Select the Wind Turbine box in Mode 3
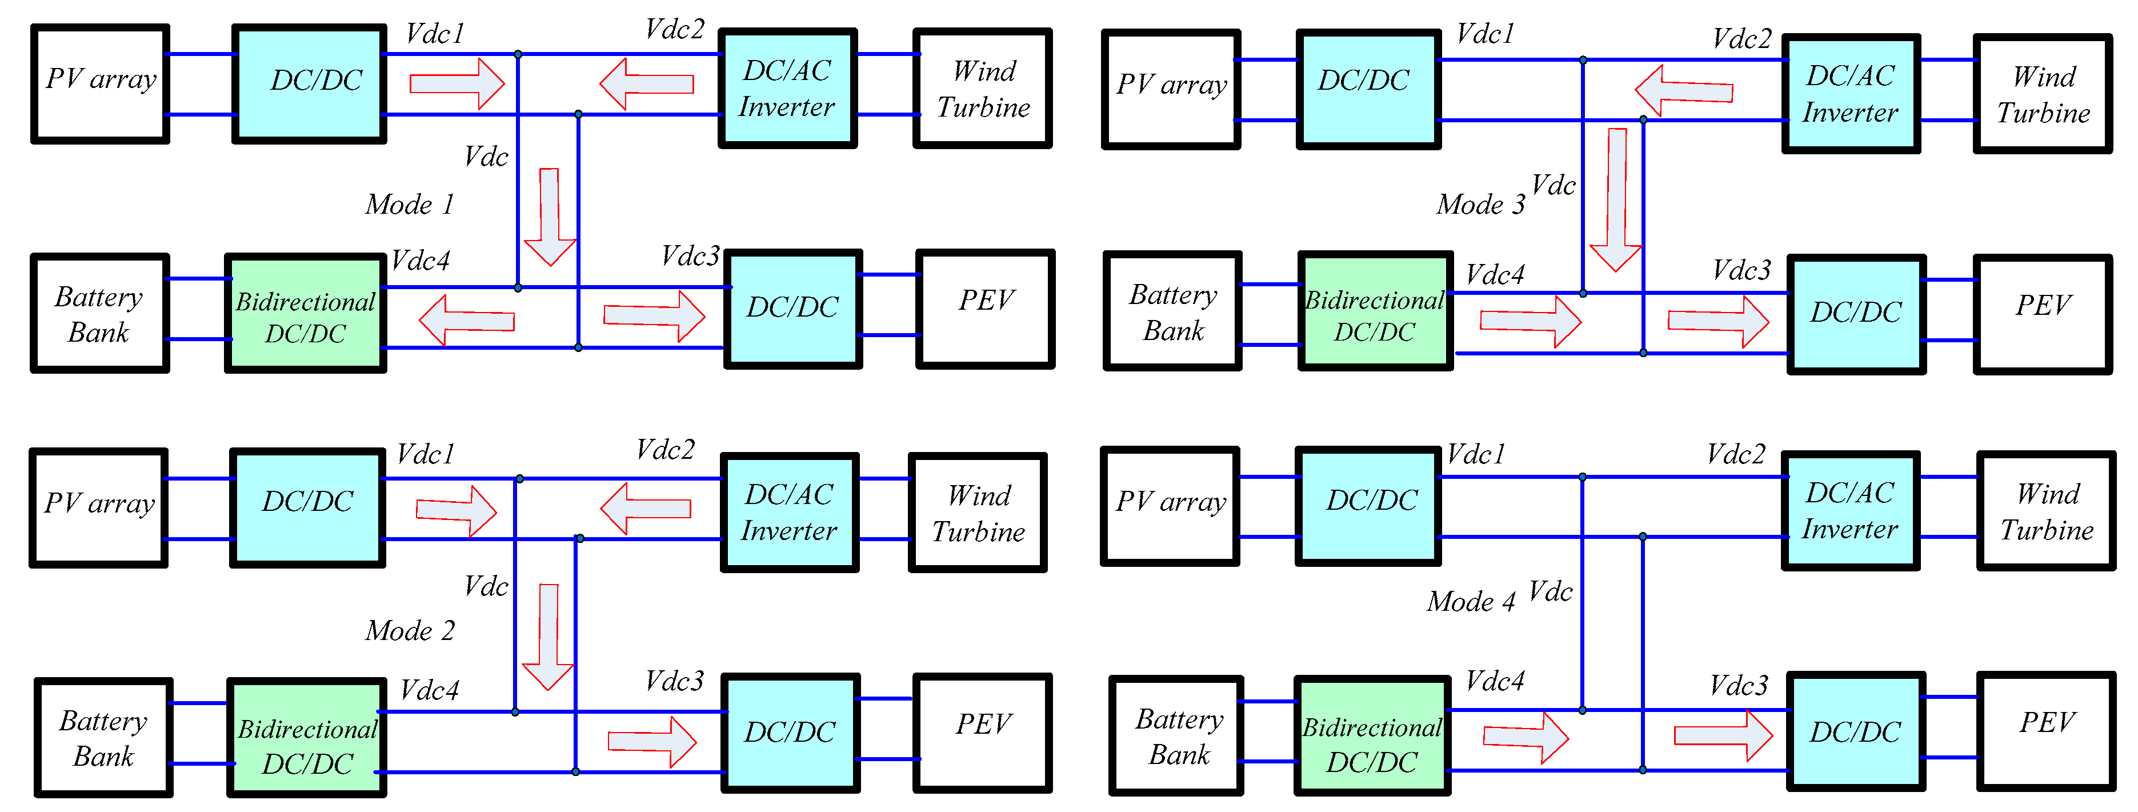pyautogui.click(x=2043, y=94)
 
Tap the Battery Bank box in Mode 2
pyautogui.click(x=104, y=737)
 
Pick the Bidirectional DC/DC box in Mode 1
pyautogui.click(x=306, y=314)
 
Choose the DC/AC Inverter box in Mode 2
pyautogui.click(x=789, y=512)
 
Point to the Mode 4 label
pyautogui.click(x=1471, y=601)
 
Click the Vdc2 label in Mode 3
pyautogui.click(x=1741, y=38)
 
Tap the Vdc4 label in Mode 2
pyautogui.click(x=429, y=689)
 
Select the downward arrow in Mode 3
pyautogui.click(x=1615, y=199)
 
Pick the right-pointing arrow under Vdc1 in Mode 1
pyautogui.click(x=457, y=83)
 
